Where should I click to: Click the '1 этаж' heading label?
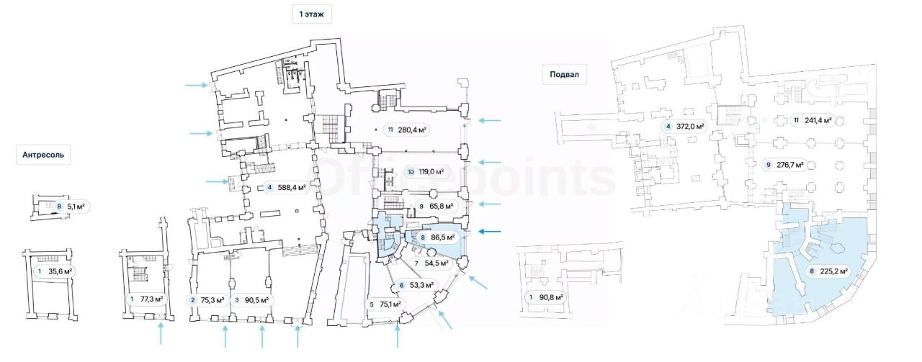pos(311,14)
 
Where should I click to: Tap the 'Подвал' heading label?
pos(564,74)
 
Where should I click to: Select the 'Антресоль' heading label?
pos(43,154)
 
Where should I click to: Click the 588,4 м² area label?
pos(286,189)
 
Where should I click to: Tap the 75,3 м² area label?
pos(207,300)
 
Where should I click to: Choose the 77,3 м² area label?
pos(146,299)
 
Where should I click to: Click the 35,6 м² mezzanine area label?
pos(55,271)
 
